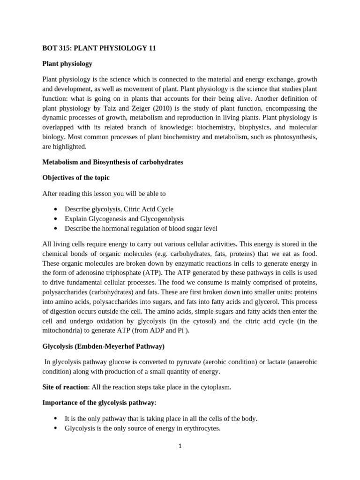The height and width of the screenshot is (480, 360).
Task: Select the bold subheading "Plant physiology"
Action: (x=67, y=63)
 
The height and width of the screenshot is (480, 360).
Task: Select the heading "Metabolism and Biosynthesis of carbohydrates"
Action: (x=112, y=162)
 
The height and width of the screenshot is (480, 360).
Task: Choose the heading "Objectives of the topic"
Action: (x=75, y=178)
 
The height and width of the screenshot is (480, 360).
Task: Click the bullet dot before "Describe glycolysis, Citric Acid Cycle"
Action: (x=56, y=209)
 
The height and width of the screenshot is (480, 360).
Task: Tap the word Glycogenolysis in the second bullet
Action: (x=162, y=219)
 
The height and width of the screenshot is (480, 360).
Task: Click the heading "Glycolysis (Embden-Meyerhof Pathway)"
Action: (x=103, y=346)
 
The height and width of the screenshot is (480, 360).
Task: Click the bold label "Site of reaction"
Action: (x=65, y=387)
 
